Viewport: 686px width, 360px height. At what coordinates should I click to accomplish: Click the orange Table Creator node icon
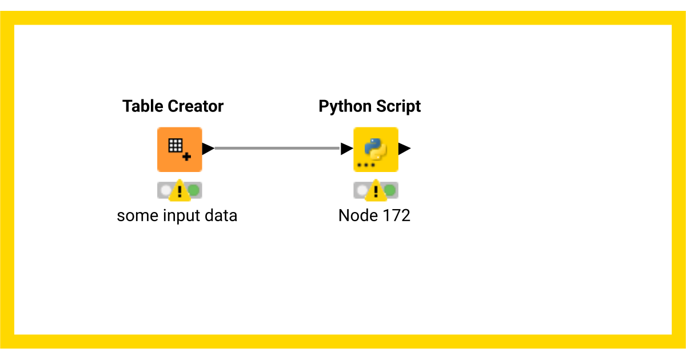tap(180, 149)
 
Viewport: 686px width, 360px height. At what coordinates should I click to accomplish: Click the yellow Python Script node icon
tap(376, 149)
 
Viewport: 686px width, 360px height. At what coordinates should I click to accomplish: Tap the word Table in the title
tap(143, 106)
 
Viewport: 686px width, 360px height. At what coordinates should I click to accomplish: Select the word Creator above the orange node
tap(196, 106)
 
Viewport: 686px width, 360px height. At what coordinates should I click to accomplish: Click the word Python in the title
tap(345, 107)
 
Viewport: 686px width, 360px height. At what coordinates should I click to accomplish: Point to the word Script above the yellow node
tap(398, 107)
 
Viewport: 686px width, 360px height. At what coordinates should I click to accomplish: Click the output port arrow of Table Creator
tap(208, 149)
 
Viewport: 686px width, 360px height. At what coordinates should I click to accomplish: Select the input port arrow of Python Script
tap(347, 149)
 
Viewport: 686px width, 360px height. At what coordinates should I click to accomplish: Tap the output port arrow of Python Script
tap(405, 149)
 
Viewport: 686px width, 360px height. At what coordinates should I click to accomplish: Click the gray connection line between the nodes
tap(277, 149)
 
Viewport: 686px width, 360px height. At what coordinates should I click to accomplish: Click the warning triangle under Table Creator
tap(180, 190)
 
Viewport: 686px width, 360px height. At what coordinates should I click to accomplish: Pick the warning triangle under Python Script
tap(376, 190)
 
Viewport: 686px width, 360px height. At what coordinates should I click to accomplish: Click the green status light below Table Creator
tap(194, 190)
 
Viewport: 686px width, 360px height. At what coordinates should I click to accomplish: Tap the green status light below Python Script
tap(390, 190)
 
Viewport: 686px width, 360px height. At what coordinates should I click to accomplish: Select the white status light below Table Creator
tap(166, 190)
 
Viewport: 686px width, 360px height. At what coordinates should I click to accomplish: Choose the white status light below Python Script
tap(362, 190)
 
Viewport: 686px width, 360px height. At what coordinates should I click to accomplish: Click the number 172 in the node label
tap(396, 215)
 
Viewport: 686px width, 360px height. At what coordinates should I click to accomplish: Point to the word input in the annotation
tap(182, 216)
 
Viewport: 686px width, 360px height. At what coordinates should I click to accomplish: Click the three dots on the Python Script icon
tap(366, 165)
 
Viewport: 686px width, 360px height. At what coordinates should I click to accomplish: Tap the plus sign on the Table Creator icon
tap(186, 157)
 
